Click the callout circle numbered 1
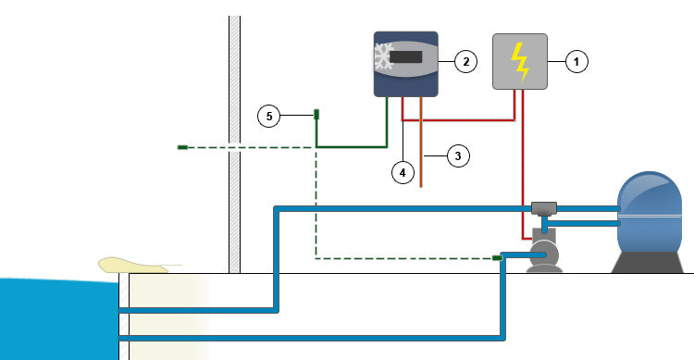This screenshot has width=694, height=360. pos(576,62)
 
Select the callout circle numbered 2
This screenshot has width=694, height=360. pos(465,62)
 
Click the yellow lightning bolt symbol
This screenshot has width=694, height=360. pos(520,61)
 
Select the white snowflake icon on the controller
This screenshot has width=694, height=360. pos(382,58)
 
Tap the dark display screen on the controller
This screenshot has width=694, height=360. pos(408,58)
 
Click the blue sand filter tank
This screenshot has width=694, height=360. pos(651,210)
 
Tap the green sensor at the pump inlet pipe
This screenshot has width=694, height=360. pos(497,258)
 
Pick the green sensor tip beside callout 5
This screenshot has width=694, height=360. pos(316,115)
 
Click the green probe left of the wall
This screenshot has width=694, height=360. pos(182,147)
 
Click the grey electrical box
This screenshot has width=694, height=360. pos(520,61)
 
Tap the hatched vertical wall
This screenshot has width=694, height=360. pos(234,139)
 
